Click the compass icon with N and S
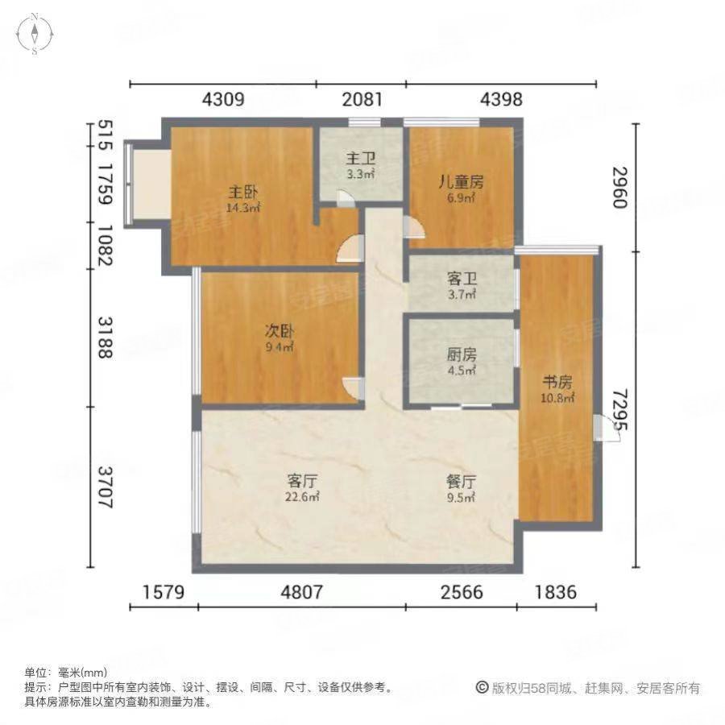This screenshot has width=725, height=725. tap(35, 33)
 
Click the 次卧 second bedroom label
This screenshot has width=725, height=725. tap(280, 331)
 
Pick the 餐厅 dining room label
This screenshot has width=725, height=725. tap(462, 481)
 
